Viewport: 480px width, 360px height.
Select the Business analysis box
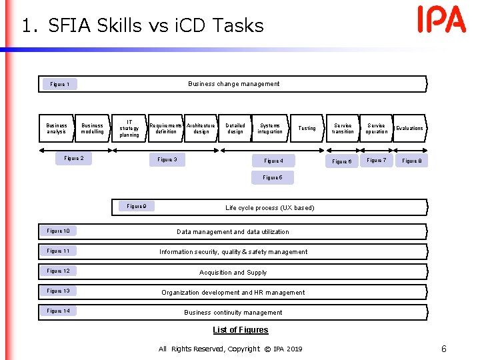click(x=57, y=129)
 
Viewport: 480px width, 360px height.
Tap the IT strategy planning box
click(x=129, y=129)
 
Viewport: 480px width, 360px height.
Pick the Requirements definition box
click(x=165, y=129)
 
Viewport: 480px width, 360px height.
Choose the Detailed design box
click(x=235, y=129)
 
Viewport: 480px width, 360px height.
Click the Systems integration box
click(x=270, y=129)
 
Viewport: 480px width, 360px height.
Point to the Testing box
click(x=307, y=129)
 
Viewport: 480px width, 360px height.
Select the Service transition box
click(x=343, y=129)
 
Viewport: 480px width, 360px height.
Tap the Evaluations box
click(x=409, y=129)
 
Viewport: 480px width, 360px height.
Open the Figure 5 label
click(x=273, y=178)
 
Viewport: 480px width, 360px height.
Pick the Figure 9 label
click(x=137, y=207)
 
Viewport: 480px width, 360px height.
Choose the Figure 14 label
click(x=59, y=311)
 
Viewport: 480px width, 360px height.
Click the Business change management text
click(x=234, y=84)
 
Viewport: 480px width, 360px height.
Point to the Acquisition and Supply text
click(x=233, y=273)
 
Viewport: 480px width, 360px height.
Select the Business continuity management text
click(x=233, y=313)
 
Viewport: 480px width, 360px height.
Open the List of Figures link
click(x=240, y=330)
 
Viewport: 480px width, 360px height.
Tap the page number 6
click(x=444, y=349)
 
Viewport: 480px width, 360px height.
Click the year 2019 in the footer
click(x=294, y=349)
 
